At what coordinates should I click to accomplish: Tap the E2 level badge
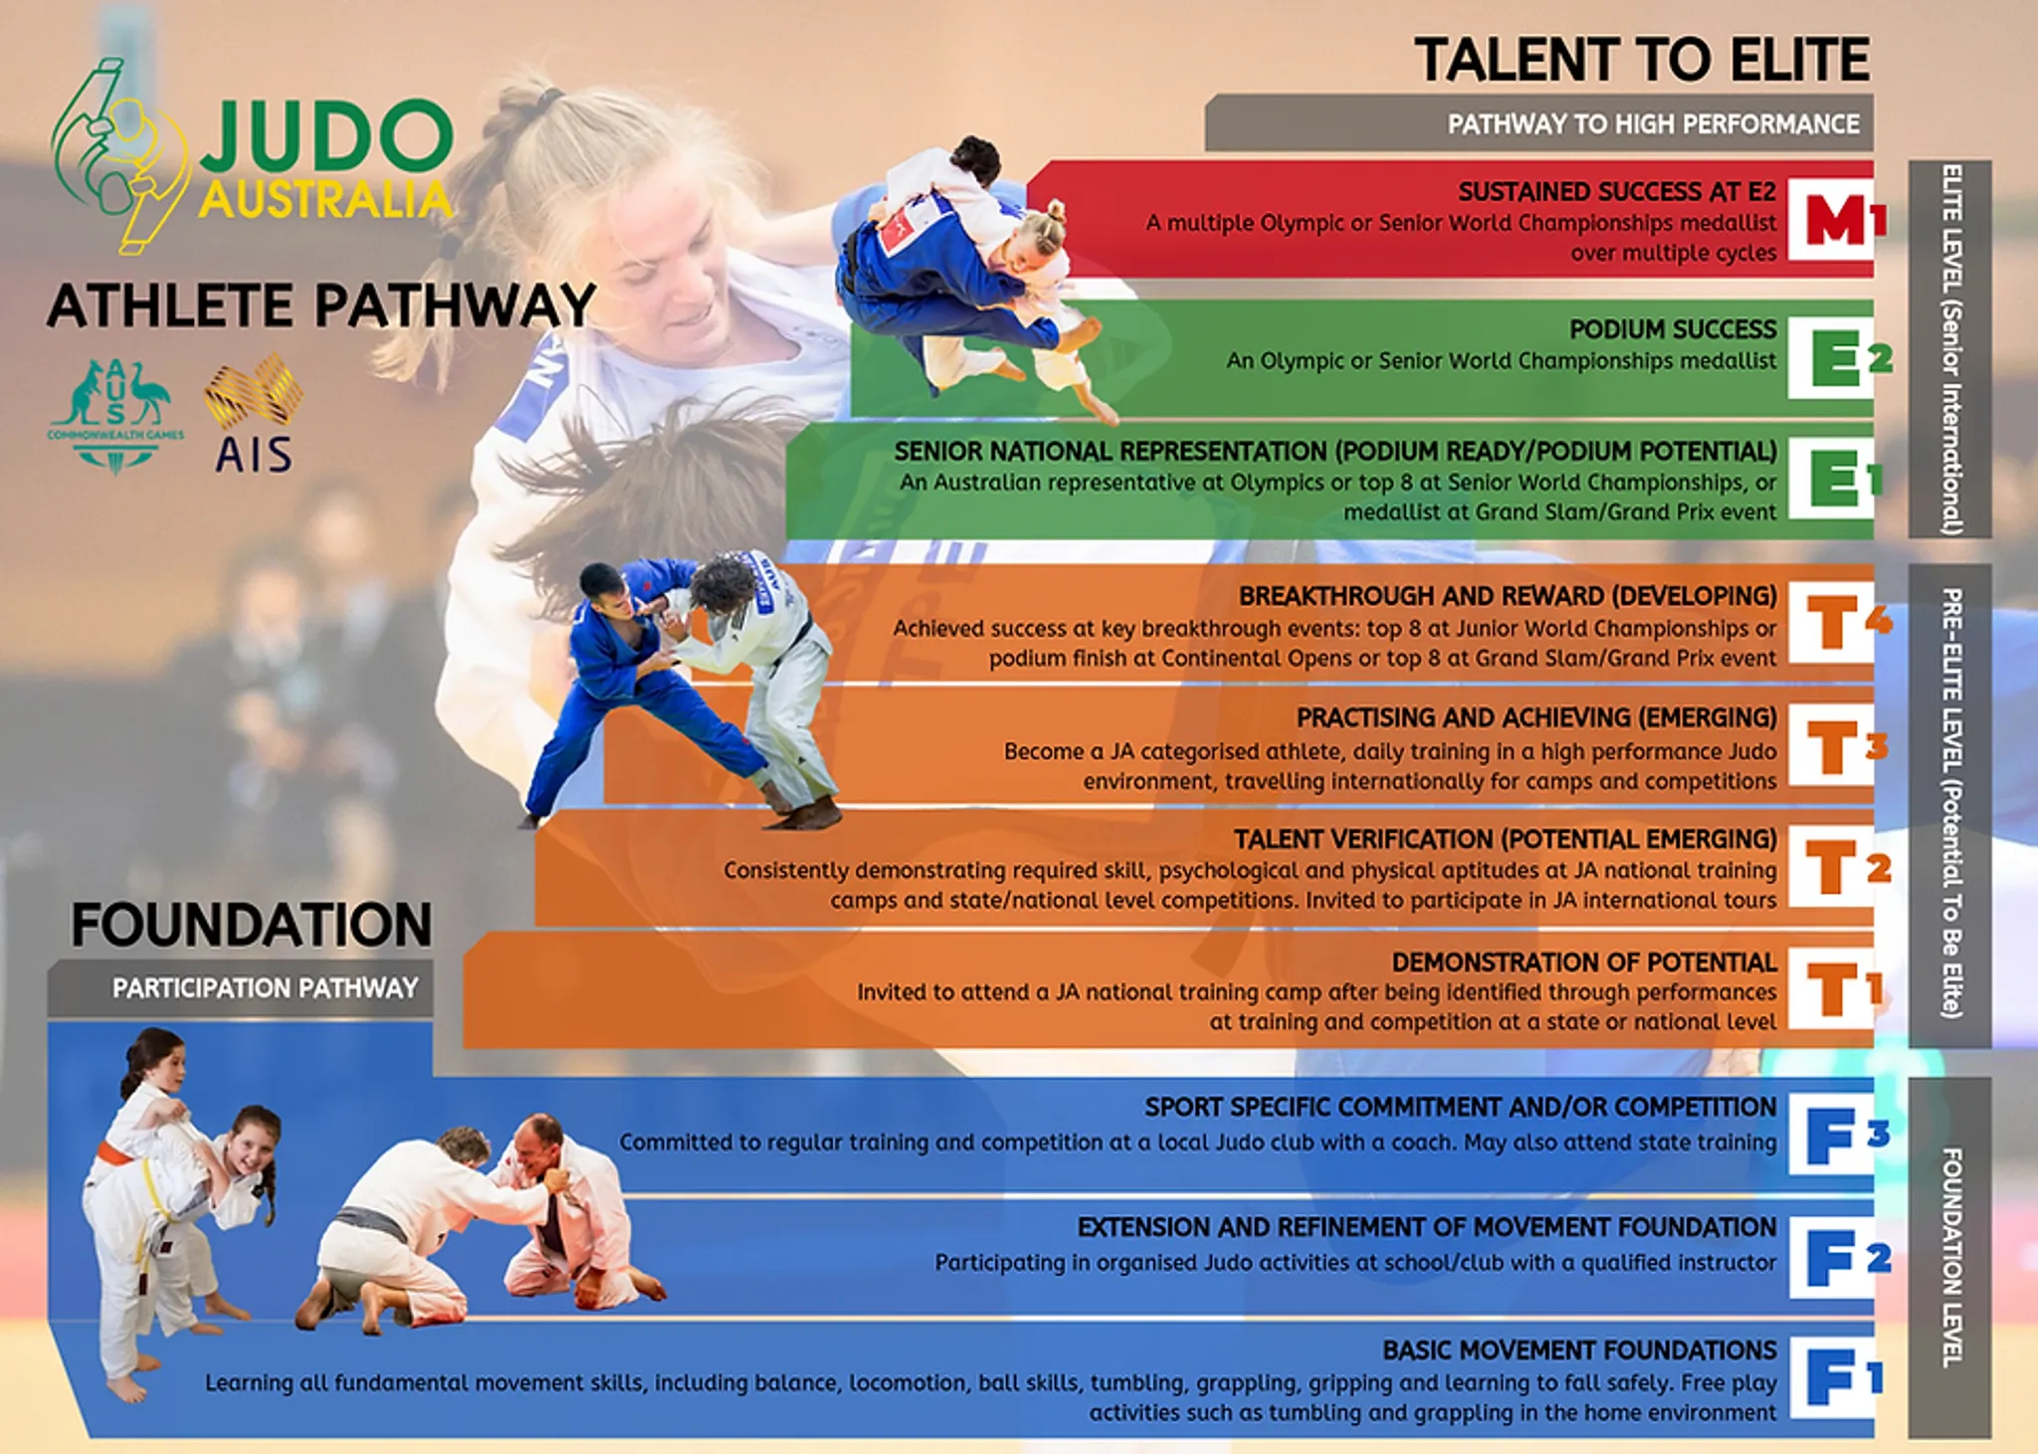(1837, 357)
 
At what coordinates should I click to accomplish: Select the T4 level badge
(1837, 623)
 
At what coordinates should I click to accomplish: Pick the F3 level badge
(1837, 1136)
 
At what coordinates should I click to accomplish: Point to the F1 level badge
(1837, 1379)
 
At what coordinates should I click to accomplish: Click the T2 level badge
(1837, 868)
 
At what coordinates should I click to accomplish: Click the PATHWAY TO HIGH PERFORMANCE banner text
(1653, 124)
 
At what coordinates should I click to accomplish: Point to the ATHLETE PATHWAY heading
(320, 306)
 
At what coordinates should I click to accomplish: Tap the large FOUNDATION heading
(251, 926)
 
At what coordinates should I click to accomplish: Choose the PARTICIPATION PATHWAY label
(265, 988)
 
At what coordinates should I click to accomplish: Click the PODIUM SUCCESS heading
(1672, 329)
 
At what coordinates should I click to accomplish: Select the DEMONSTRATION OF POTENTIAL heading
(1583, 962)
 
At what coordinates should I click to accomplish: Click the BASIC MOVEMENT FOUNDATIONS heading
(1578, 1350)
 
